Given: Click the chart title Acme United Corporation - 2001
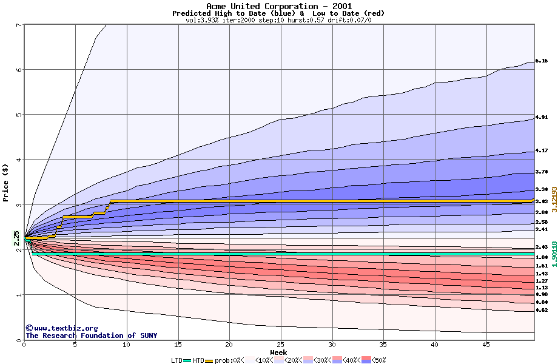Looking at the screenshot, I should tap(278, 6).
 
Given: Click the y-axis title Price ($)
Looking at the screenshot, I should tap(5, 183).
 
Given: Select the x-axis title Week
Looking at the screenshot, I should tap(278, 352).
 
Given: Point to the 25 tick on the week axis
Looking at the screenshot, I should tap(280, 345).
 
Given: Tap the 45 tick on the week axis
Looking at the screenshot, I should tap(486, 345).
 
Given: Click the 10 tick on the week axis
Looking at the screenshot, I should tap(126, 345).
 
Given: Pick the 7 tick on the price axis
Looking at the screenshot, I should tap(19, 25).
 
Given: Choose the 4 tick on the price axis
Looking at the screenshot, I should tap(19, 160).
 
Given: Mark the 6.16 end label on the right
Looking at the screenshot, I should tap(542, 61).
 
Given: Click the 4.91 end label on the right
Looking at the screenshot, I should tap(542, 117).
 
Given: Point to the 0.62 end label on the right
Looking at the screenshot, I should tap(542, 310).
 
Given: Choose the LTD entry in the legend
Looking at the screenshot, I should tap(177, 360).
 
